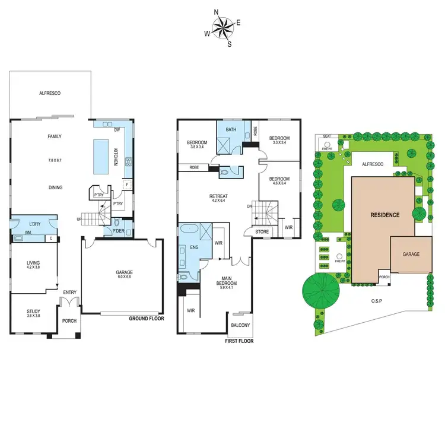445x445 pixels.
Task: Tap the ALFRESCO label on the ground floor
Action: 50,93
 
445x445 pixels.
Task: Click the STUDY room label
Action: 33,311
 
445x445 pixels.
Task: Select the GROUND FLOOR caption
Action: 146,319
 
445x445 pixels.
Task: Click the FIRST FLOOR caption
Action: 239,342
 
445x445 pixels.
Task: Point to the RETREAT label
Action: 218,196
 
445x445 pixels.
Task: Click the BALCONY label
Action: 240,325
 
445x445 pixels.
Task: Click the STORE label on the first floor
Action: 262,231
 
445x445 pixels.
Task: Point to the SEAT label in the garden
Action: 326,136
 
